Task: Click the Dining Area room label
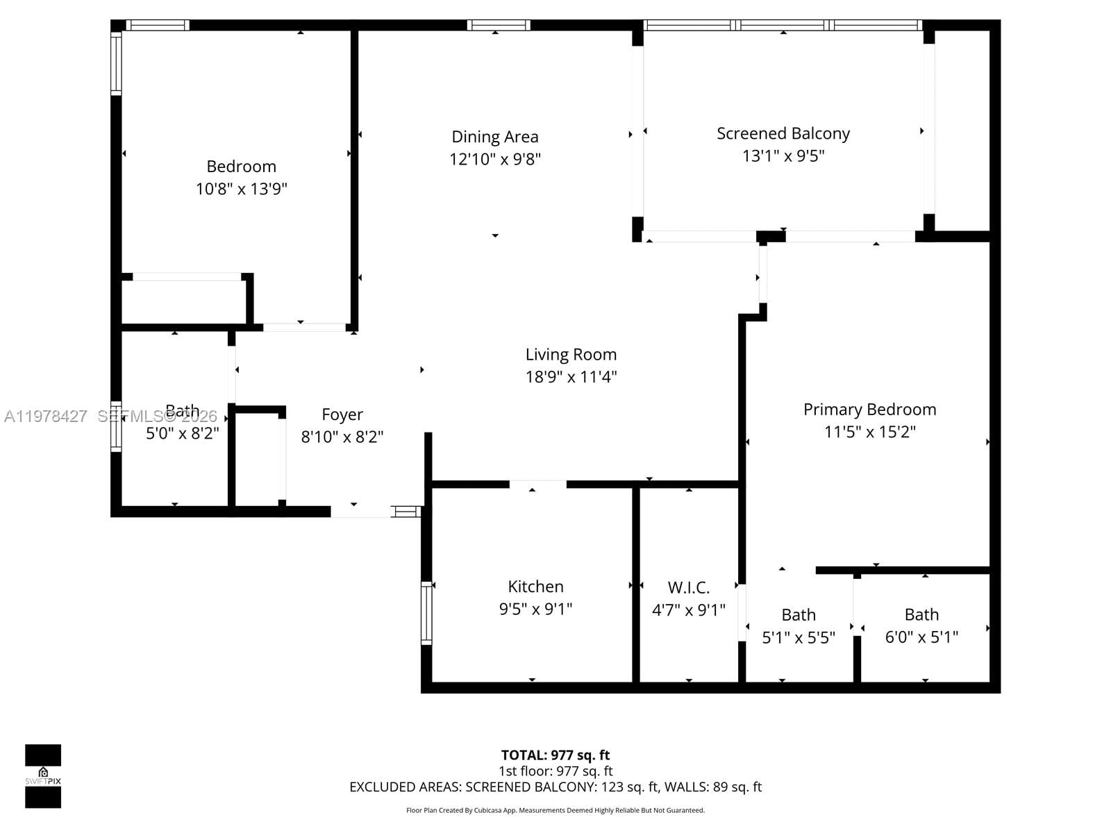click(494, 137)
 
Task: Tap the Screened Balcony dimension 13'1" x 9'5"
click(783, 155)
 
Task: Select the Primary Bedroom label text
click(869, 410)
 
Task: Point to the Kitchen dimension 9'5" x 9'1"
click(535, 609)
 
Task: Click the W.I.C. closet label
click(688, 588)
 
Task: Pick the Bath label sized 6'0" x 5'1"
click(921, 615)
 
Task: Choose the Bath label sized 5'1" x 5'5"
click(799, 615)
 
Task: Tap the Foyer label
click(342, 414)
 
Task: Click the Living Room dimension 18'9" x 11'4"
click(571, 377)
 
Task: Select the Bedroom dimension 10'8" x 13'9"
click(241, 189)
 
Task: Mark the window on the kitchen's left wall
click(426, 613)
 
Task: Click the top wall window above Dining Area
click(498, 25)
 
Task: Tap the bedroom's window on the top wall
click(157, 25)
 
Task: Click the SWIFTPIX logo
click(43, 775)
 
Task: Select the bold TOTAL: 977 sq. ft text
click(555, 755)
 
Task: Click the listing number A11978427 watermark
click(46, 416)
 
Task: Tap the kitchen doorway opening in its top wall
click(537, 484)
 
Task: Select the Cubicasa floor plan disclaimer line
click(555, 810)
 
